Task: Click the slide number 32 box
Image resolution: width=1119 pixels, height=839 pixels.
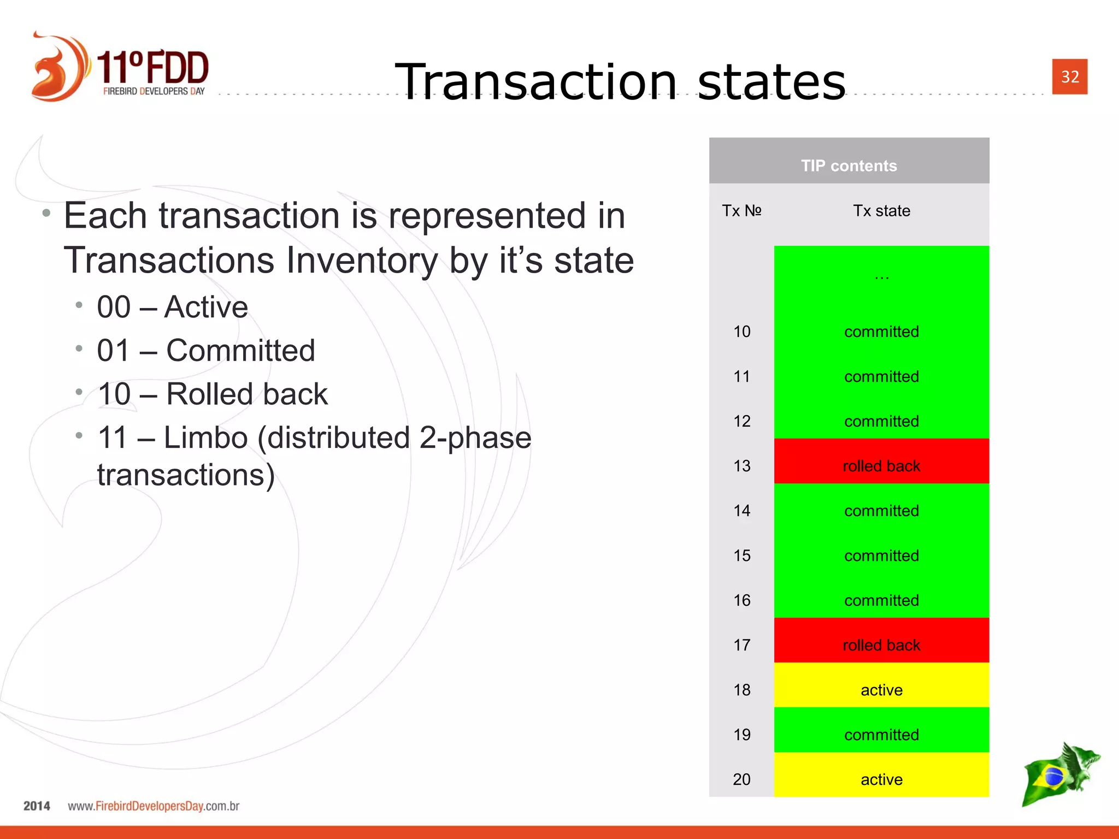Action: click(1069, 76)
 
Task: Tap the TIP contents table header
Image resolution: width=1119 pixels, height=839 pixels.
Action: click(849, 166)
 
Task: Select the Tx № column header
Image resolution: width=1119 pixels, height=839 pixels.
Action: click(741, 211)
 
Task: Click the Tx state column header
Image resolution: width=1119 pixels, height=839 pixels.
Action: click(881, 211)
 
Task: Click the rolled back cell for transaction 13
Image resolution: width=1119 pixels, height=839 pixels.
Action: click(881, 466)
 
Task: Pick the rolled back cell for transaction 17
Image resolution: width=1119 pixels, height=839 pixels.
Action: click(881, 645)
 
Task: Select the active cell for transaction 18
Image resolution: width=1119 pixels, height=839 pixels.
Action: click(881, 690)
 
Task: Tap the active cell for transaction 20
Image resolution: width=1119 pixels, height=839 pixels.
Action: click(881, 779)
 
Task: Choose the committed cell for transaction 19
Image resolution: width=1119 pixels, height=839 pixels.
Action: click(881, 735)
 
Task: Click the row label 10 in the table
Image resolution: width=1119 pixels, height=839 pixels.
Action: click(741, 332)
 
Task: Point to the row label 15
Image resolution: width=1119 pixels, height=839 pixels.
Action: click(741, 556)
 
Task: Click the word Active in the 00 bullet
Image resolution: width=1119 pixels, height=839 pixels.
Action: click(206, 307)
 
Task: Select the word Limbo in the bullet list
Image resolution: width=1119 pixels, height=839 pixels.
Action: click(206, 438)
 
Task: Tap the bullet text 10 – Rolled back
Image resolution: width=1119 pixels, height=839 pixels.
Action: click(212, 394)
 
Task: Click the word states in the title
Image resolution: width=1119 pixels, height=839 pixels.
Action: click(771, 82)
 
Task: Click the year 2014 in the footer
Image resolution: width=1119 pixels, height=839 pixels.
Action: click(37, 806)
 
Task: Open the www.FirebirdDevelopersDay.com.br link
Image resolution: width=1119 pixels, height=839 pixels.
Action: click(154, 806)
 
